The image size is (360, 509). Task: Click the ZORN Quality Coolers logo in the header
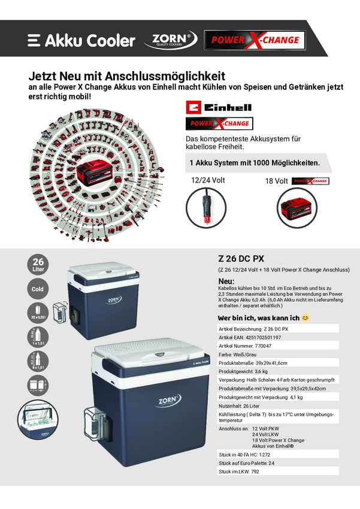(170, 40)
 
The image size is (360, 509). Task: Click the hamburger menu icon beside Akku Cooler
(34, 40)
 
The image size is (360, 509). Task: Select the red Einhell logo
(219, 107)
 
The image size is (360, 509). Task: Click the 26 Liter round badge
(38, 265)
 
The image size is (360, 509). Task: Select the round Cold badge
(38, 289)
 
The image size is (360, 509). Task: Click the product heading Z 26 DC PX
(241, 259)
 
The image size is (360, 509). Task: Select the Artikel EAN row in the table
(279, 338)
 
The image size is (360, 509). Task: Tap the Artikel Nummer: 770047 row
(279, 346)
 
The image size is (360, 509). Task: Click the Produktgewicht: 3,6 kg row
(279, 371)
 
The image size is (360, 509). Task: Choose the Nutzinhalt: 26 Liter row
(279, 405)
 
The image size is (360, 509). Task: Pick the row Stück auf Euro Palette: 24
(279, 463)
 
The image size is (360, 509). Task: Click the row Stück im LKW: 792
(279, 471)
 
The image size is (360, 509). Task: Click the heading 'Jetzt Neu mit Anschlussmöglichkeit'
(127, 77)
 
